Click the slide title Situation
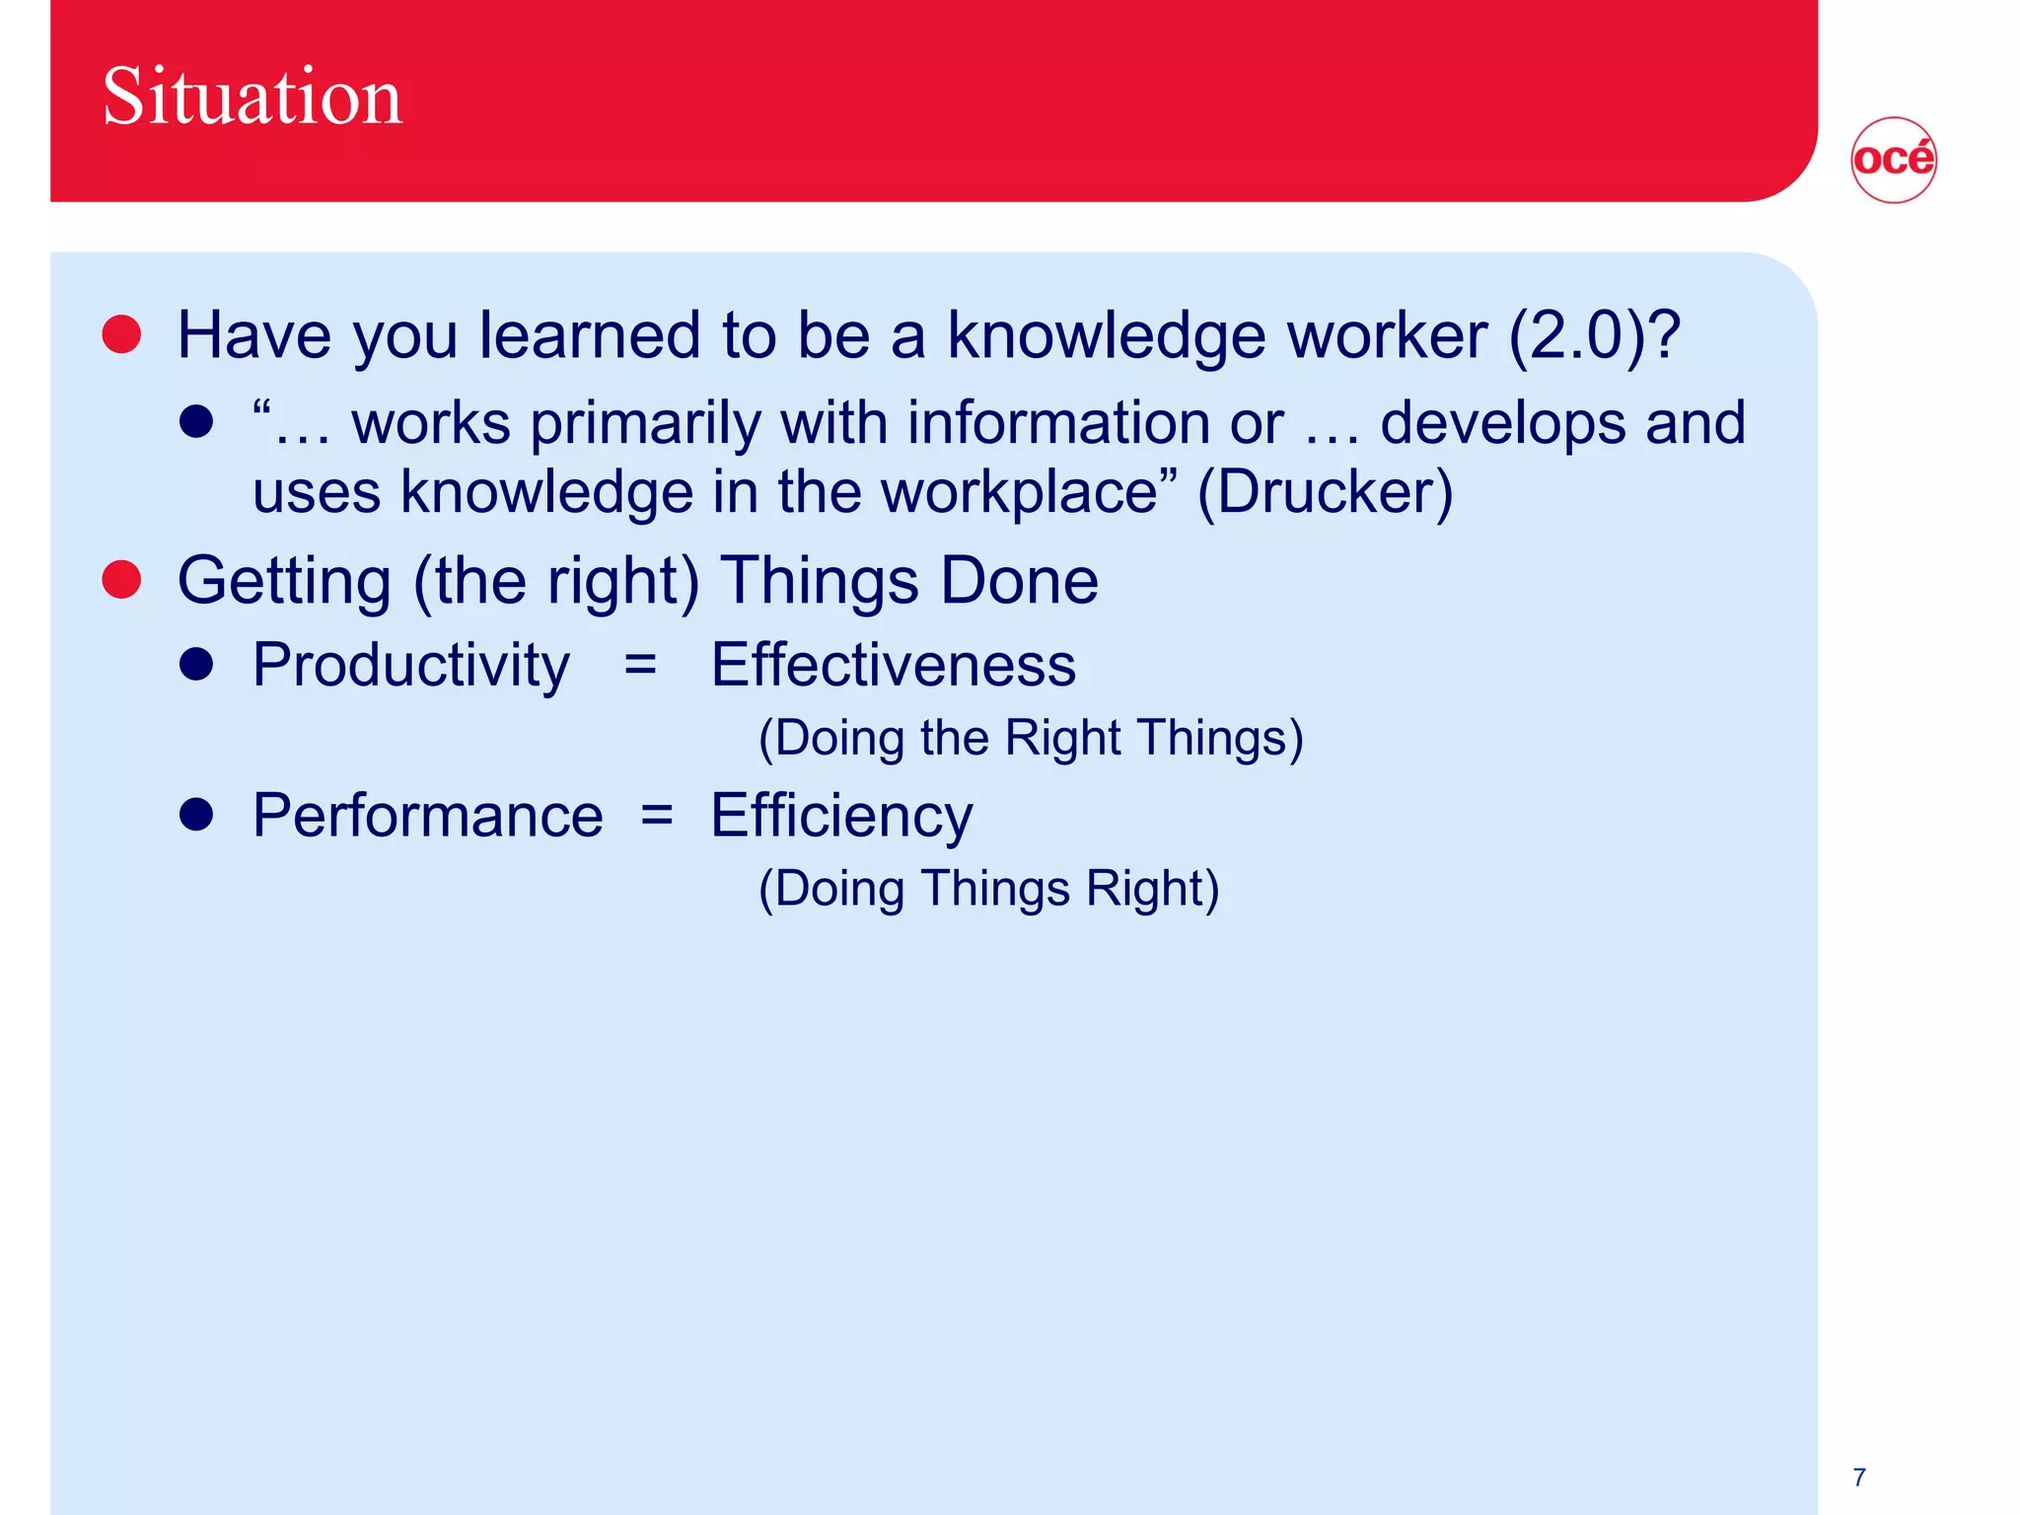[x=252, y=97]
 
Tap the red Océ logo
[x=1893, y=160]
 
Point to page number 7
[x=1859, y=1477]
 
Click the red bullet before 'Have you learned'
[x=122, y=334]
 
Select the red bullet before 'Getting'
[x=122, y=579]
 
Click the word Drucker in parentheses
[x=1325, y=492]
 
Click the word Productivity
[x=410, y=666]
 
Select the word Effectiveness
[x=893, y=665]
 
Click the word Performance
[x=427, y=816]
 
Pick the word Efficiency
[x=841, y=817]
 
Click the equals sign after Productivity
[x=640, y=666]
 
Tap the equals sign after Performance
[x=657, y=816]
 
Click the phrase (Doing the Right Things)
[x=1031, y=738]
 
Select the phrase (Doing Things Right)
[x=988, y=888]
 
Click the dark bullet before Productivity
[x=197, y=664]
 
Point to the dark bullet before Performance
[x=197, y=815]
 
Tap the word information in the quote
[x=1058, y=423]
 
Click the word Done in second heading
[x=1019, y=580]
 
